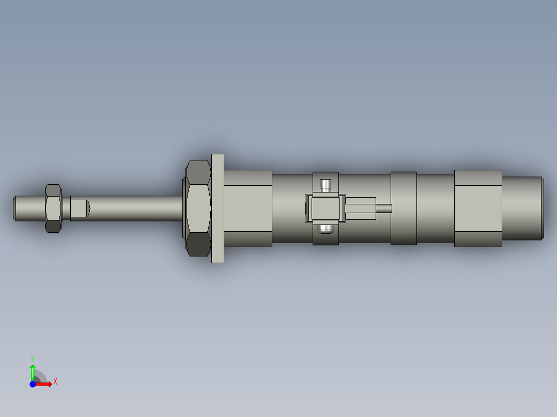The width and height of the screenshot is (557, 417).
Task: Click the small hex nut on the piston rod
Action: point(53,208)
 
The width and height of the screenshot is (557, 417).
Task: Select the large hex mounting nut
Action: point(198,208)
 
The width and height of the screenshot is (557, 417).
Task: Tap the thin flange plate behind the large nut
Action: point(218,208)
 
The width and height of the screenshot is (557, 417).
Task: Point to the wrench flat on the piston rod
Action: point(79,208)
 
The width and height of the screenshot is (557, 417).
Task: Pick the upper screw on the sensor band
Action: point(326,184)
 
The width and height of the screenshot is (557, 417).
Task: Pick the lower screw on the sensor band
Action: point(326,228)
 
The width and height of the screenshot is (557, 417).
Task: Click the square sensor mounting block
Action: point(326,208)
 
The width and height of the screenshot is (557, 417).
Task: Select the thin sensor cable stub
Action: point(384,208)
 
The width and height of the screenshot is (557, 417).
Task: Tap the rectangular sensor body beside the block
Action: point(360,208)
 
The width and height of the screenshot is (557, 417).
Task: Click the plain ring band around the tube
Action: point(404,208)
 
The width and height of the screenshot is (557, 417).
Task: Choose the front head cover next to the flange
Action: point(248,208)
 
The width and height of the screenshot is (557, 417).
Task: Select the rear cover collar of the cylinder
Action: point(478,208)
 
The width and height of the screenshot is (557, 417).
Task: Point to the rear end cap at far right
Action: point(522,208)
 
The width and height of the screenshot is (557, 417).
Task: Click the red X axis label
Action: point(55,382)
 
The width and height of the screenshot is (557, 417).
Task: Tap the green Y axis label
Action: point(32,358)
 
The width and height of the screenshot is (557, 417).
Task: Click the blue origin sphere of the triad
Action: point(33,384)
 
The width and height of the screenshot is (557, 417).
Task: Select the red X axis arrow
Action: point(44,384)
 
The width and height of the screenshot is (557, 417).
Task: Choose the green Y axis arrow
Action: point(33,371)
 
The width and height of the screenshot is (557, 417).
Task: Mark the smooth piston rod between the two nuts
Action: point(134,208)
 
